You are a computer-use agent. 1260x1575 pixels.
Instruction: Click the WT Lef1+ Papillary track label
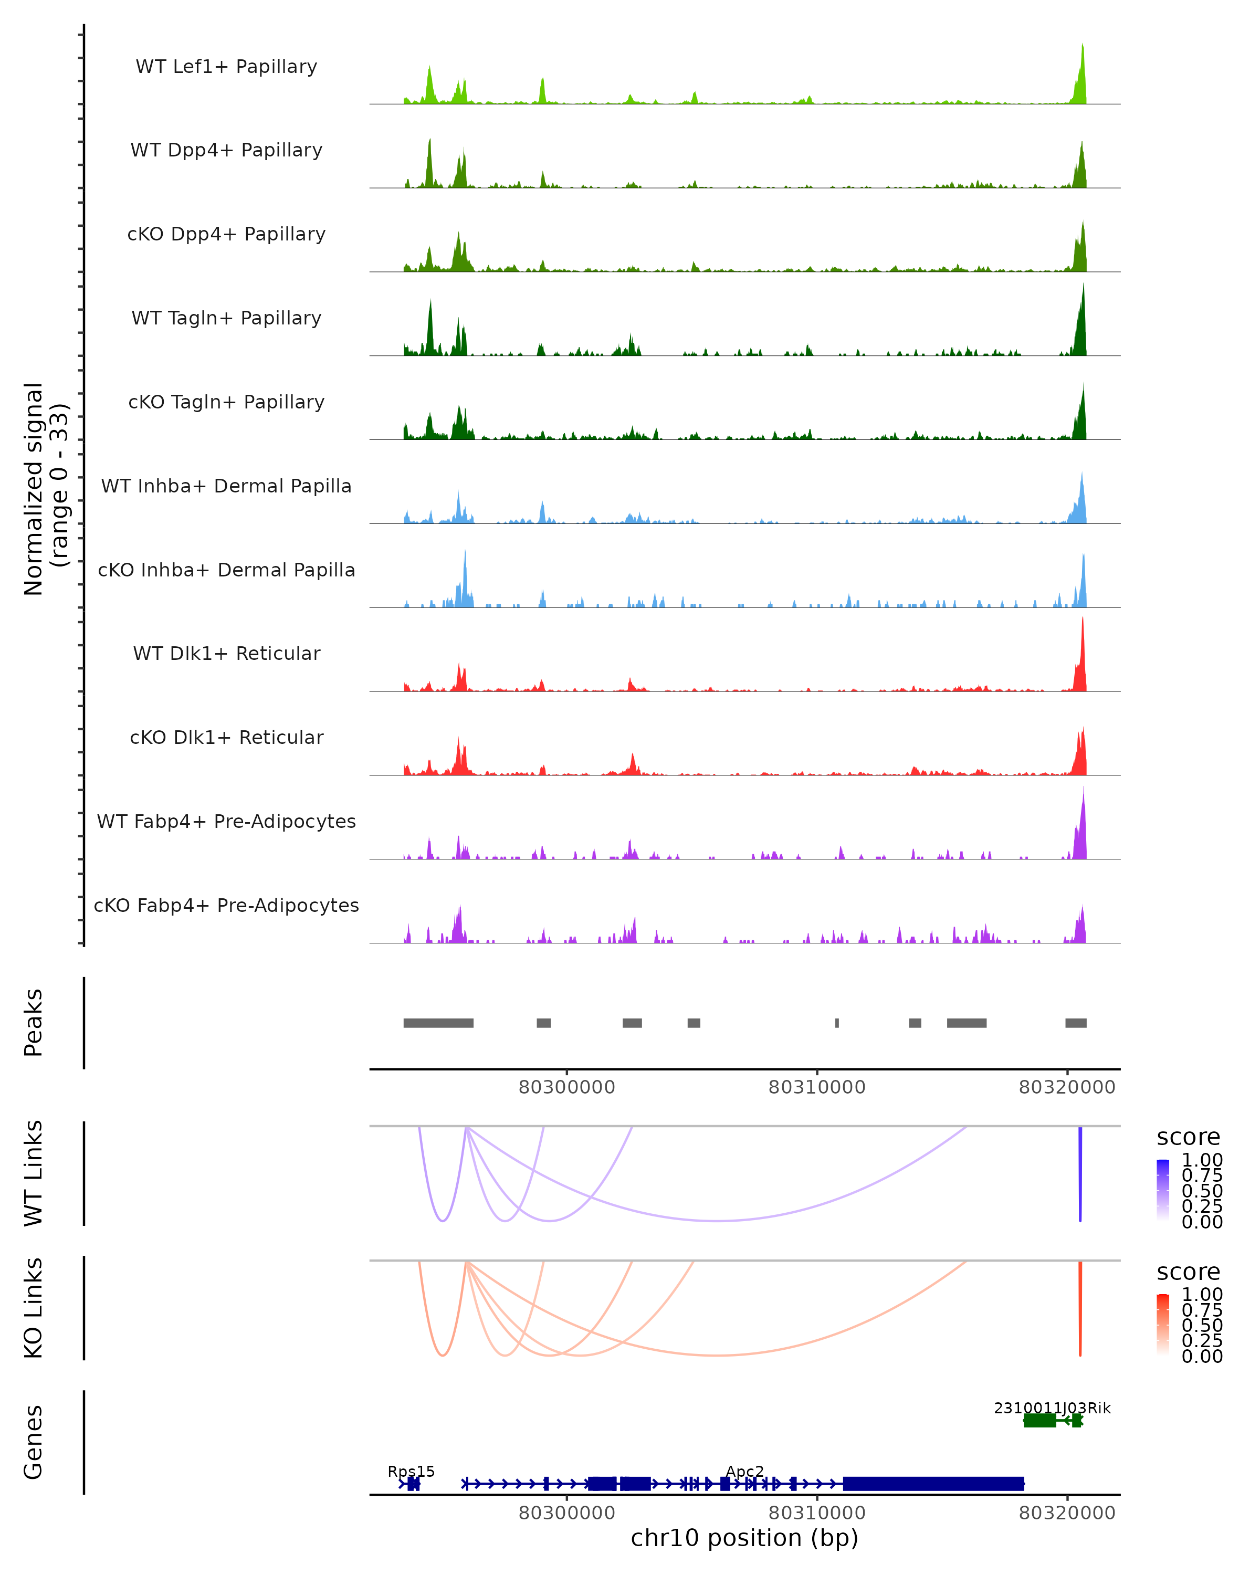pos(226,67)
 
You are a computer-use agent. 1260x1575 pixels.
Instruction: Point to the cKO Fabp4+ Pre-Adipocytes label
pos(226,905)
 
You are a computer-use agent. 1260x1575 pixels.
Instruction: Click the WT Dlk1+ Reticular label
pos(226,653)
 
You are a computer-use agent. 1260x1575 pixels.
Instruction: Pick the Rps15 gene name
pos(411,1471)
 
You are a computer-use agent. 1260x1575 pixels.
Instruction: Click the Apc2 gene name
pos(745,1471)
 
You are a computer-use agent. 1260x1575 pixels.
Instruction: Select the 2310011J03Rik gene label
pos(1052,1408)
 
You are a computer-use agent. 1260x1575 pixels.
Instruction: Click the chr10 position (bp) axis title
pos(744,1538)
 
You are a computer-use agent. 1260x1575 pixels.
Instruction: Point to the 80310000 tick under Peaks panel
pos(816,1087)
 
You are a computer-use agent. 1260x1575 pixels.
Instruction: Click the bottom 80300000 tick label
pos(567,1513)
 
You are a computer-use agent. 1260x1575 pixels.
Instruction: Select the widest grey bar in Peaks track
pos(438,1023)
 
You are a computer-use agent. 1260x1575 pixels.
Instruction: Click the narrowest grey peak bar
pos(837,1023)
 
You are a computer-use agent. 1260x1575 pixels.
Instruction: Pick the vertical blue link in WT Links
pos(1080,1172)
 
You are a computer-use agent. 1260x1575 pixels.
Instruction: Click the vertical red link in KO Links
pos(1080,1308)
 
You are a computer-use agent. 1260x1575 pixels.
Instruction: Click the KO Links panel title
pos(34,1308)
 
